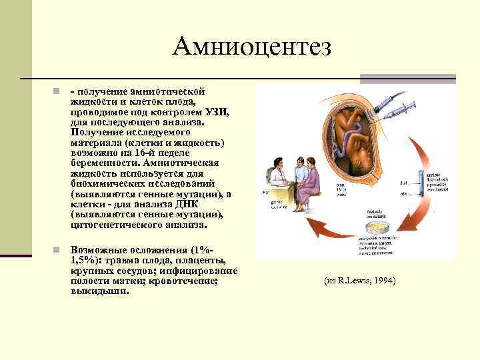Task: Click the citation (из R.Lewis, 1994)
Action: [x=360, y=281]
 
